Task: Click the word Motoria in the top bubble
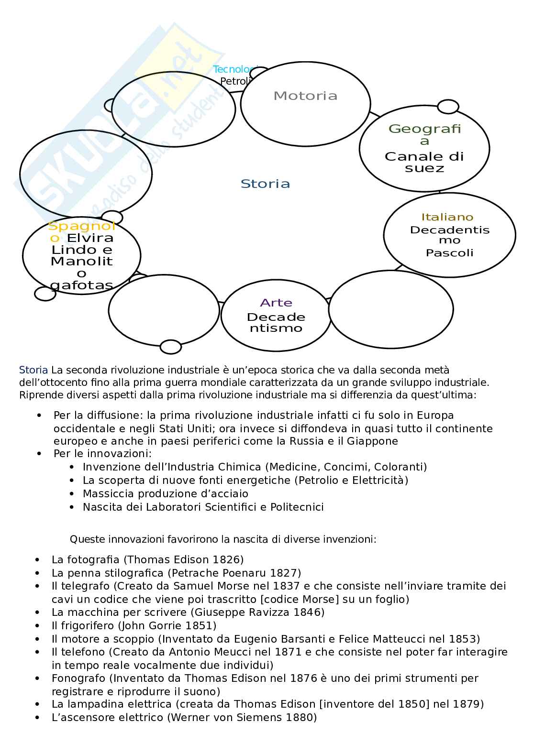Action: (x=305, y=96)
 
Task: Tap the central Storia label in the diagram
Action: (x=265, y=184)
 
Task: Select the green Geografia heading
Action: (x=424, y=134)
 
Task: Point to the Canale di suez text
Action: (x=424, y=162)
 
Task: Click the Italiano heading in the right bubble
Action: (x=447, y=217)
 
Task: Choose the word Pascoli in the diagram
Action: (x=449, y=252)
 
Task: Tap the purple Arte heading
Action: (x=276, y=303)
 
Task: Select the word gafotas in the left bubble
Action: (x=81, y=285)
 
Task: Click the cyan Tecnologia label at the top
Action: (x=234, y=69)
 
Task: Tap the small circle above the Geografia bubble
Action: (x=448, y=107)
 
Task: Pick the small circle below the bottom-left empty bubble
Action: (x=170, y=347)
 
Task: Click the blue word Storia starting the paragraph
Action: (x=33, y=370)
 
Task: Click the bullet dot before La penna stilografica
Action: (x=38, y=573)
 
